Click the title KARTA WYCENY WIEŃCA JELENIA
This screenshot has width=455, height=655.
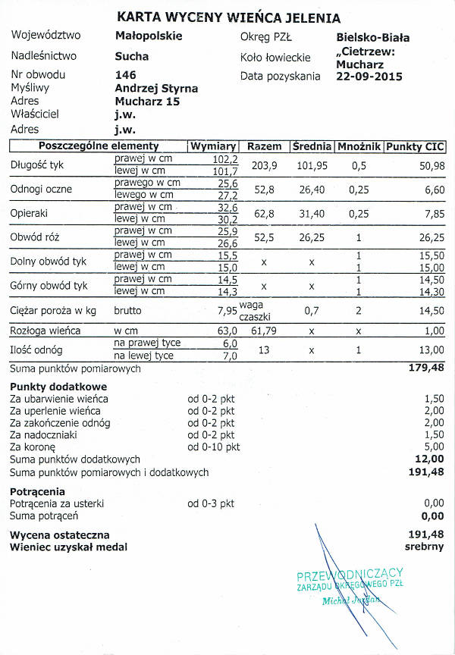pyautogui.click(x=228, y=17)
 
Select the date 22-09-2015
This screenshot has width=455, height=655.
pyautogui.click(x=369, y=76)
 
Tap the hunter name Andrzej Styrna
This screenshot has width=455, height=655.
pyautogui.click(x=156, y=88)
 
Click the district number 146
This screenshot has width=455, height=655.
pyautogui.click(x=125, y=75)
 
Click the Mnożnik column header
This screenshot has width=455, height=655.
pyautogui.click(x=358, y=146)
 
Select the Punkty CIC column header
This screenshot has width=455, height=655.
pyautogui.click(x=415, y=146)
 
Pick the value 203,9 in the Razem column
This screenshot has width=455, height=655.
pyautogui.click(x=265, y=165)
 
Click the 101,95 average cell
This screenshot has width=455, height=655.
pyautogui.click(x=312, y=165)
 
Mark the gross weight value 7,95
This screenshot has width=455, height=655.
pyautogui.click(x=227, y=311)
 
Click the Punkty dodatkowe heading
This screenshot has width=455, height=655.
pyautogui.click(x=48, y=387)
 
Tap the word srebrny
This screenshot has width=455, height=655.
pyautogui.click(x=424, y=547)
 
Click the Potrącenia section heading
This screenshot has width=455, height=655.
pyautogui.click(x=37, y=491)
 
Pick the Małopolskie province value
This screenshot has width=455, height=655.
pyautogui.click(x=149, y=36)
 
